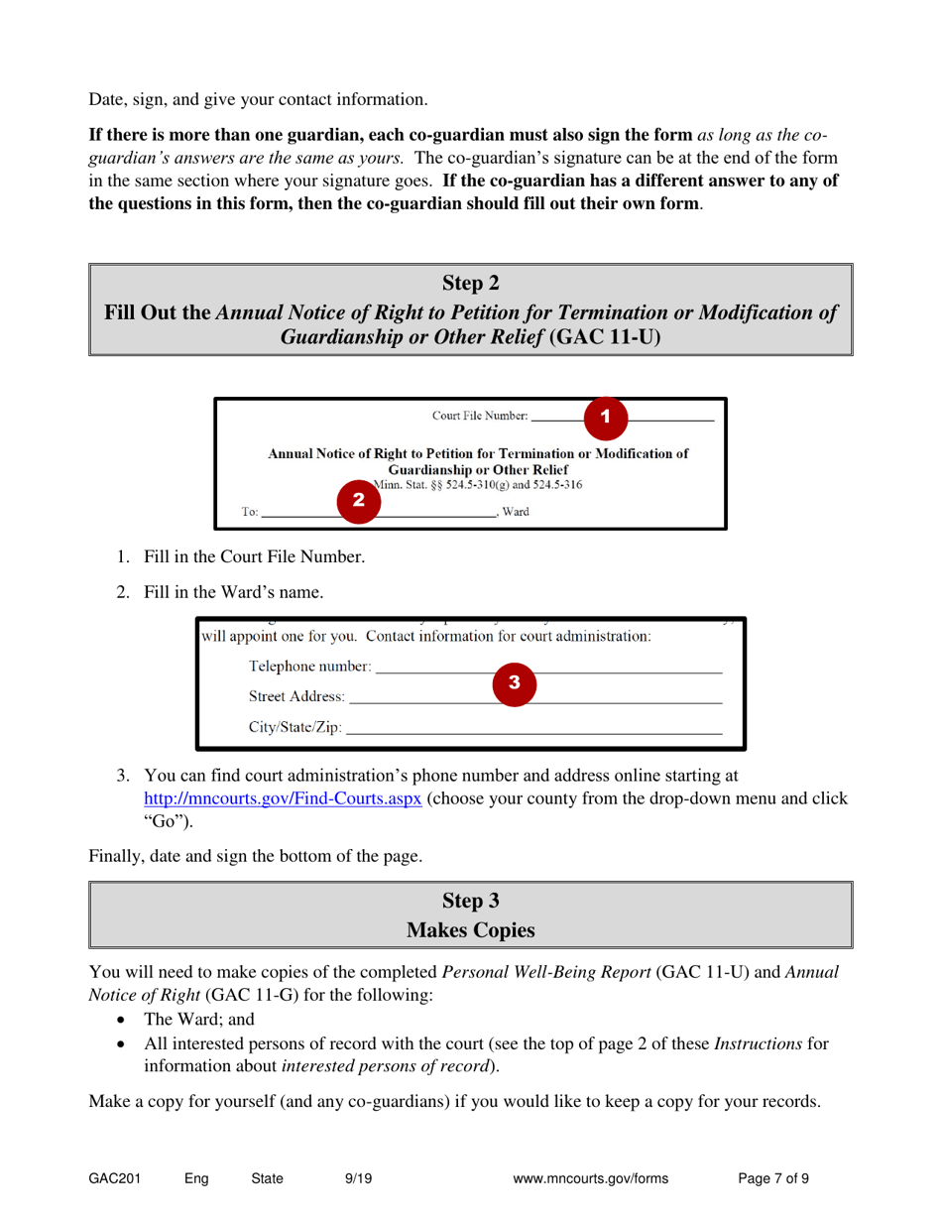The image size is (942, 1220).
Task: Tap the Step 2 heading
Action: click(x=471, y=285)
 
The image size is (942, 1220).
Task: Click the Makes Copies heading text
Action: click(x=471, y=930)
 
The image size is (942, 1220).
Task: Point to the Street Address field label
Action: click(x=297, y=696)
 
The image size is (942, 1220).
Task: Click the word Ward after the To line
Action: click(x=515, y=513)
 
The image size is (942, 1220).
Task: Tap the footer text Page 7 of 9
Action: click(x=773, y=1179)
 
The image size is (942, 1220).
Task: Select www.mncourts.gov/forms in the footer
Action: click(x=592, y=1179)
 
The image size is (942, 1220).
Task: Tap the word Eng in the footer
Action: click(x=196, y=1179)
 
